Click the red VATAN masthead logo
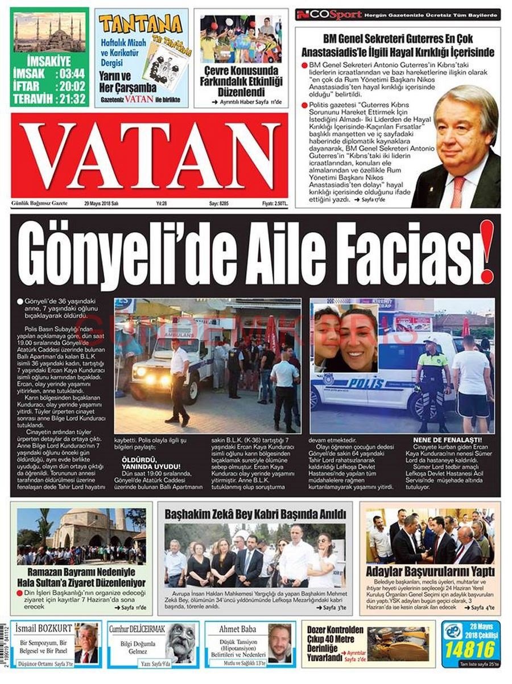[149, 155]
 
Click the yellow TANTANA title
[140, 23]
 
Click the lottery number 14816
[465, 650]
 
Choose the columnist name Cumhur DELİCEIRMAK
[138, 629]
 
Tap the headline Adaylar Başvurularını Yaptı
[430, 571]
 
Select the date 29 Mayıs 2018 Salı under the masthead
[101, 203]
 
